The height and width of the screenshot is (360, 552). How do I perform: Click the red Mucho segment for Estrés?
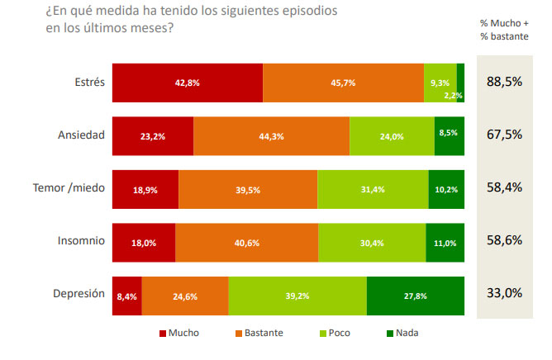click(x=187, y=83)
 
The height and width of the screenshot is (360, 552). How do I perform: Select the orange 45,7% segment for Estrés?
click(x=343, y=83)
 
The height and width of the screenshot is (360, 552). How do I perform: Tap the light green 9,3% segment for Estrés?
click(x=440, y=83)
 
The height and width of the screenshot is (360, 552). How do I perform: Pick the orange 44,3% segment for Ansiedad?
click(x=271, y=136)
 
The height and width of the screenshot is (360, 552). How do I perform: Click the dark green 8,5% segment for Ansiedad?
click(x=446, y=136)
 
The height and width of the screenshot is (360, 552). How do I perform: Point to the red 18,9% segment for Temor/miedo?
click(x=145, y=190)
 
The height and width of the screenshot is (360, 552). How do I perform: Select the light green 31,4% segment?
click(x=373, y=190)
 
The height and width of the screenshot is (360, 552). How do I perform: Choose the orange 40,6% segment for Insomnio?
click(x=246, y=243)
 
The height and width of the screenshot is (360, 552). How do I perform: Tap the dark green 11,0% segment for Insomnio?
click(x=445, y=243)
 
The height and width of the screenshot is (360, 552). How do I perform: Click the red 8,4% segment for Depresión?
click(x=126, y=296)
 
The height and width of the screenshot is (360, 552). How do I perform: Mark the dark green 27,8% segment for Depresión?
click(x=416, y=296)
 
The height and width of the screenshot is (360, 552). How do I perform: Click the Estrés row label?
click(x=88, y=82)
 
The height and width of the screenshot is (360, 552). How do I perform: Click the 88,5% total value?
click(x=504, y=83)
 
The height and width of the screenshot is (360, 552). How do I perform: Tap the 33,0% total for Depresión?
click(x=504, y=293)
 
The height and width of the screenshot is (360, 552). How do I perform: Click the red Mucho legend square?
click(x=162, y=334)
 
